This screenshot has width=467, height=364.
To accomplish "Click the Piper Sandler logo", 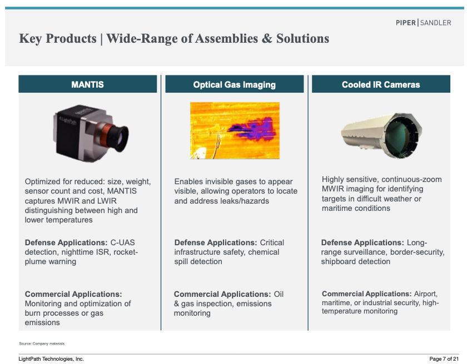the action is point(423,23).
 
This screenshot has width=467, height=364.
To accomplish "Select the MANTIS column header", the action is point(88,84).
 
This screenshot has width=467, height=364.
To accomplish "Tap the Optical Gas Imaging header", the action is point(235,84).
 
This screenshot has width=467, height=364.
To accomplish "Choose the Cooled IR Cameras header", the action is point(381,84).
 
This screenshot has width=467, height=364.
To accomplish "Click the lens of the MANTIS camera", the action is point(118,138).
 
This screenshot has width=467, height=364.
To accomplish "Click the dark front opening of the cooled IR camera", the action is point(401,135).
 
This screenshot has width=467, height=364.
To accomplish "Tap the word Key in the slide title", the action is point(31,39).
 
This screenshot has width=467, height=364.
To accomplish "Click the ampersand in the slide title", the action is point(267,39).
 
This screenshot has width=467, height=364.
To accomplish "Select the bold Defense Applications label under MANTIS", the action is point(66,242).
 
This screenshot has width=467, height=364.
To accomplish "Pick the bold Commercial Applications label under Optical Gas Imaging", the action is point(222,294).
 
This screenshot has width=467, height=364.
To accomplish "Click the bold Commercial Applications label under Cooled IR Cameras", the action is point(366,294).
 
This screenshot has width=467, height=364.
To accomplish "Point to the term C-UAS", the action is point(122,242).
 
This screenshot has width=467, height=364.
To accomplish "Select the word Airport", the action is point(426,294).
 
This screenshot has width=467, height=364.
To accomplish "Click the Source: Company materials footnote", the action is point(42,343).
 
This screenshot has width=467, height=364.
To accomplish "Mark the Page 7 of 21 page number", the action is point(444,359).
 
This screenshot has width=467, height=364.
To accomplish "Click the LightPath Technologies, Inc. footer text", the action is point(51,359).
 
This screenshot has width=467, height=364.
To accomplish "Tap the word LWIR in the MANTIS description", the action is point(107,201).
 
